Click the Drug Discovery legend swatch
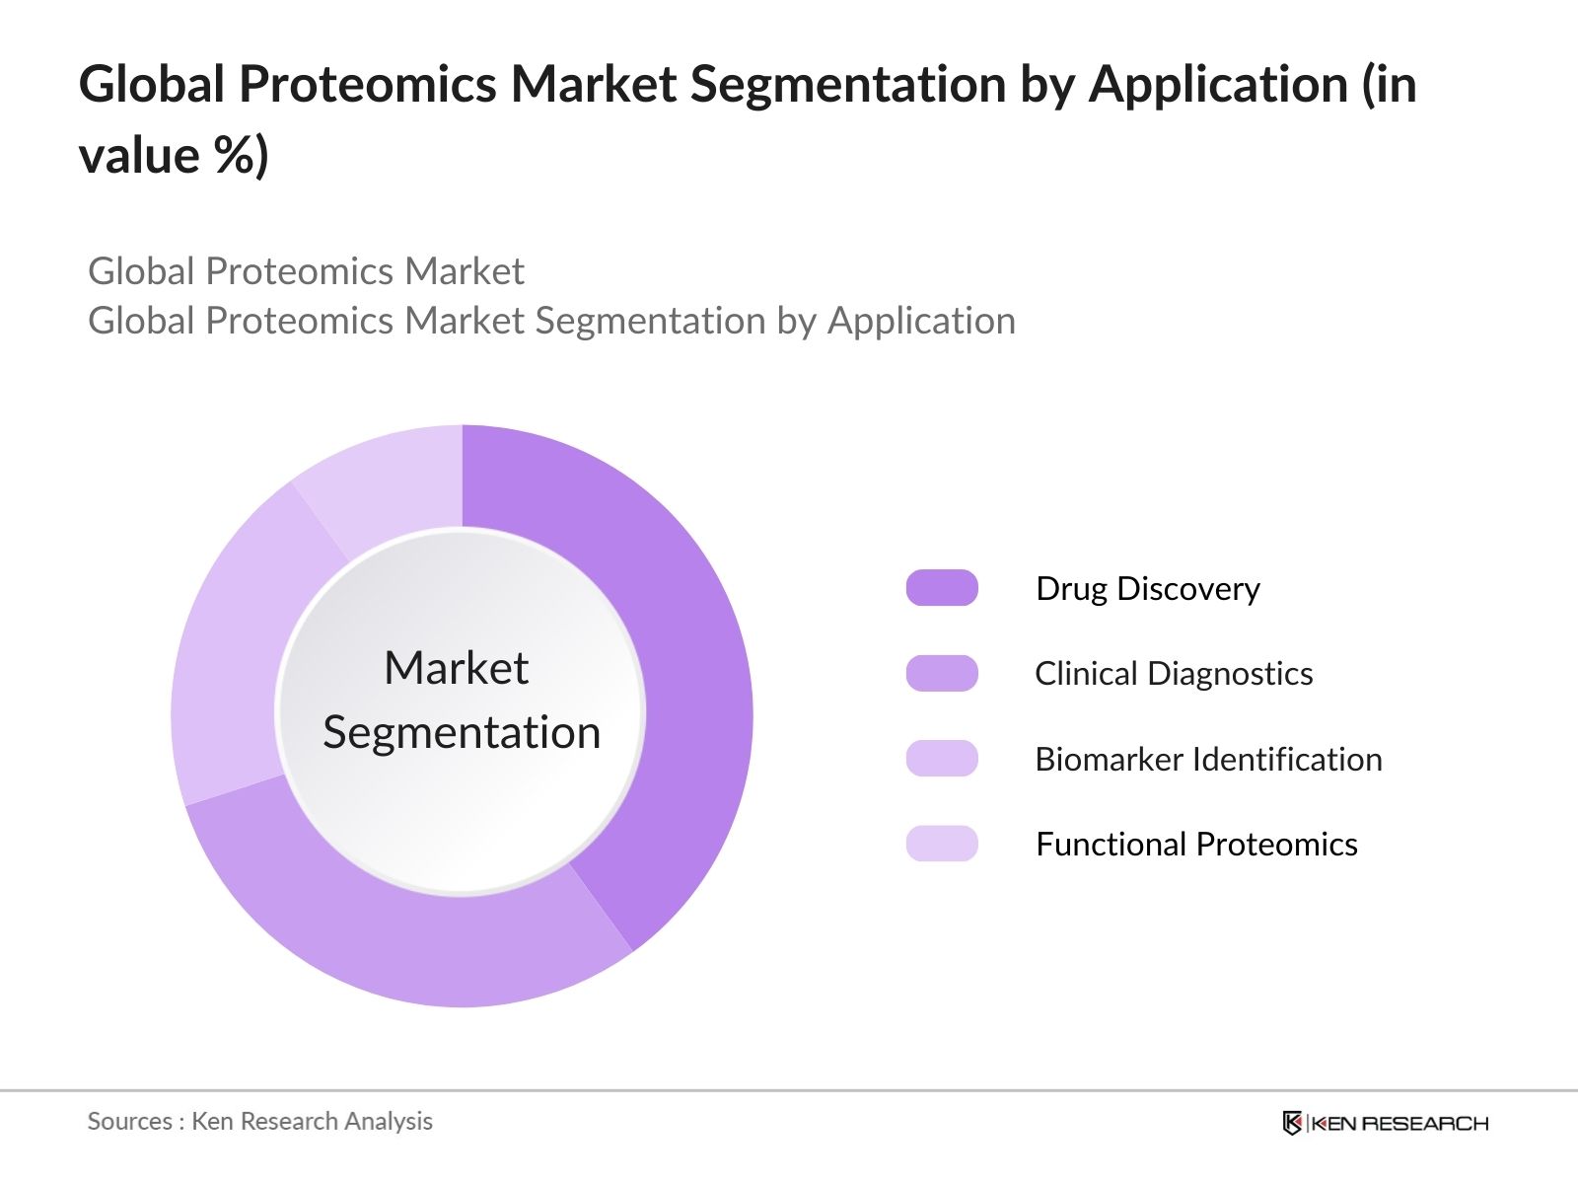click(942, 588)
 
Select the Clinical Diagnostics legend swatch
click(942, 674)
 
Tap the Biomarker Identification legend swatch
click(942, 759)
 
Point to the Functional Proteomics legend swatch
click(942, 844)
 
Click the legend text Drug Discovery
click(1147, 589)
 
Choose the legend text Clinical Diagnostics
click(1174, 674)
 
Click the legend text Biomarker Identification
click(1208, 759)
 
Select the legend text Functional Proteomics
click(1196, 845)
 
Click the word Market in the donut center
click(457, 668)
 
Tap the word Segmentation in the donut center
click(462, 734)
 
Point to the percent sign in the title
click(235, 155)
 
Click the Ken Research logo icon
click(1292, 1122)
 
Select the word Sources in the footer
click(130, 1122)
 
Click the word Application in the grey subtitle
click(921, 322)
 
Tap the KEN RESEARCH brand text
click(1399, 1123)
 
